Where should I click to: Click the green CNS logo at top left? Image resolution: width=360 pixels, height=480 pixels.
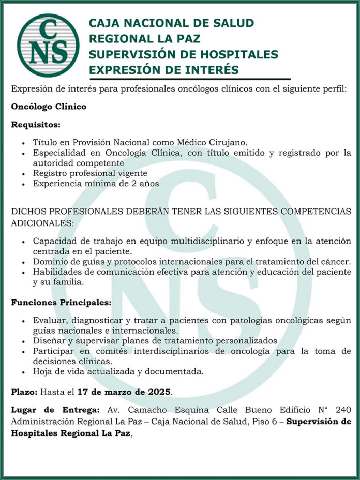pos(48,46)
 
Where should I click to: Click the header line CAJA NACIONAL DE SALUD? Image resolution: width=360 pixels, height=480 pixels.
pos(171,23)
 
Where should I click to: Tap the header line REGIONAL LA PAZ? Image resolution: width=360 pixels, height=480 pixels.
pos(144,39)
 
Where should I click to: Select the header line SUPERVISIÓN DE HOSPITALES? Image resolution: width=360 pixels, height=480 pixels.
pos(183,54)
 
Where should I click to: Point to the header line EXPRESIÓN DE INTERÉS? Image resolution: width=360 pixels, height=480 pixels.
pos(163,70)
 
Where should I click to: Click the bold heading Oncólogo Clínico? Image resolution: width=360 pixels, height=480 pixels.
pos(49,107)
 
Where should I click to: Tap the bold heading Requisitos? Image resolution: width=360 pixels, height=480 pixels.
pos(36,125)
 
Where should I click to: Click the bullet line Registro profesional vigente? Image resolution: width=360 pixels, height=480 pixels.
pos(90,173)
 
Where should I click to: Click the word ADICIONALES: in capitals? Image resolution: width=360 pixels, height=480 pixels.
pos(42,223)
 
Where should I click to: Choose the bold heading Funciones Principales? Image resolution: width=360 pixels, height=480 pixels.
pos(61,302)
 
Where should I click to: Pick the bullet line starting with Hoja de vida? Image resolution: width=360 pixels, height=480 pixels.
pos(118,371)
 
